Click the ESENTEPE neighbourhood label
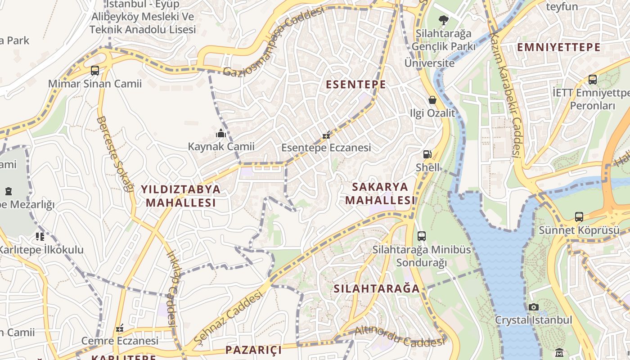coord(355,84)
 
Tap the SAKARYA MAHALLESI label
coord(380,193)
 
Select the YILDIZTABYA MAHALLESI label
coord(181,196)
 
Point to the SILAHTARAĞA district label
coord(377,288)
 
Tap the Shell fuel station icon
coord(427,154)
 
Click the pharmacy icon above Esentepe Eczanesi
coord(327,135)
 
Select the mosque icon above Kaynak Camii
coord(220,133)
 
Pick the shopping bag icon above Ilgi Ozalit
coord(432,99)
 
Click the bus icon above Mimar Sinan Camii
coord(94,70)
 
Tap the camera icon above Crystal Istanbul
coord(533,307)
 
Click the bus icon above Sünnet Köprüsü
coord(579,217)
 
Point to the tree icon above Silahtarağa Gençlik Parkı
coord(443,20)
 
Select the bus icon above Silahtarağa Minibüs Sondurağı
coord(422,236)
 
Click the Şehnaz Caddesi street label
coord(228,316)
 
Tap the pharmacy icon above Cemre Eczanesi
coord(119,328)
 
